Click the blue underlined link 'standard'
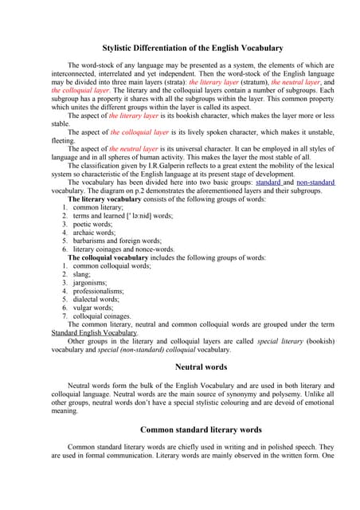(268, 182)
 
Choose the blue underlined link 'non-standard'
(316, 182)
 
